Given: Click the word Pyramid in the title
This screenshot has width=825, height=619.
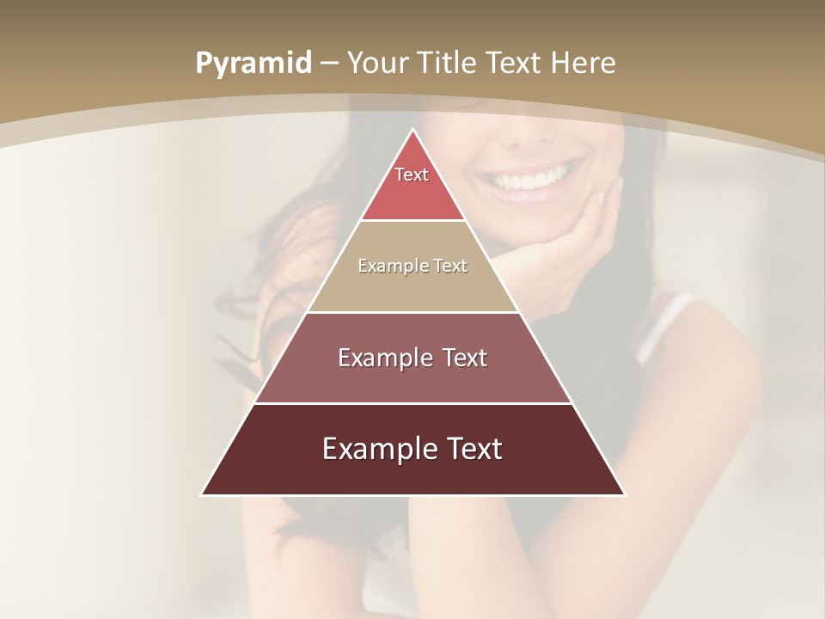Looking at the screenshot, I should (253, 64).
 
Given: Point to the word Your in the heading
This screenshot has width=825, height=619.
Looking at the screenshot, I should (376, 63).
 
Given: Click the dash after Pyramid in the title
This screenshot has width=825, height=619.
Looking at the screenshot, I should (329, 64).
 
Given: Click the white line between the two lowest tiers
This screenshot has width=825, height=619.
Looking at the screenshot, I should (412, 402).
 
